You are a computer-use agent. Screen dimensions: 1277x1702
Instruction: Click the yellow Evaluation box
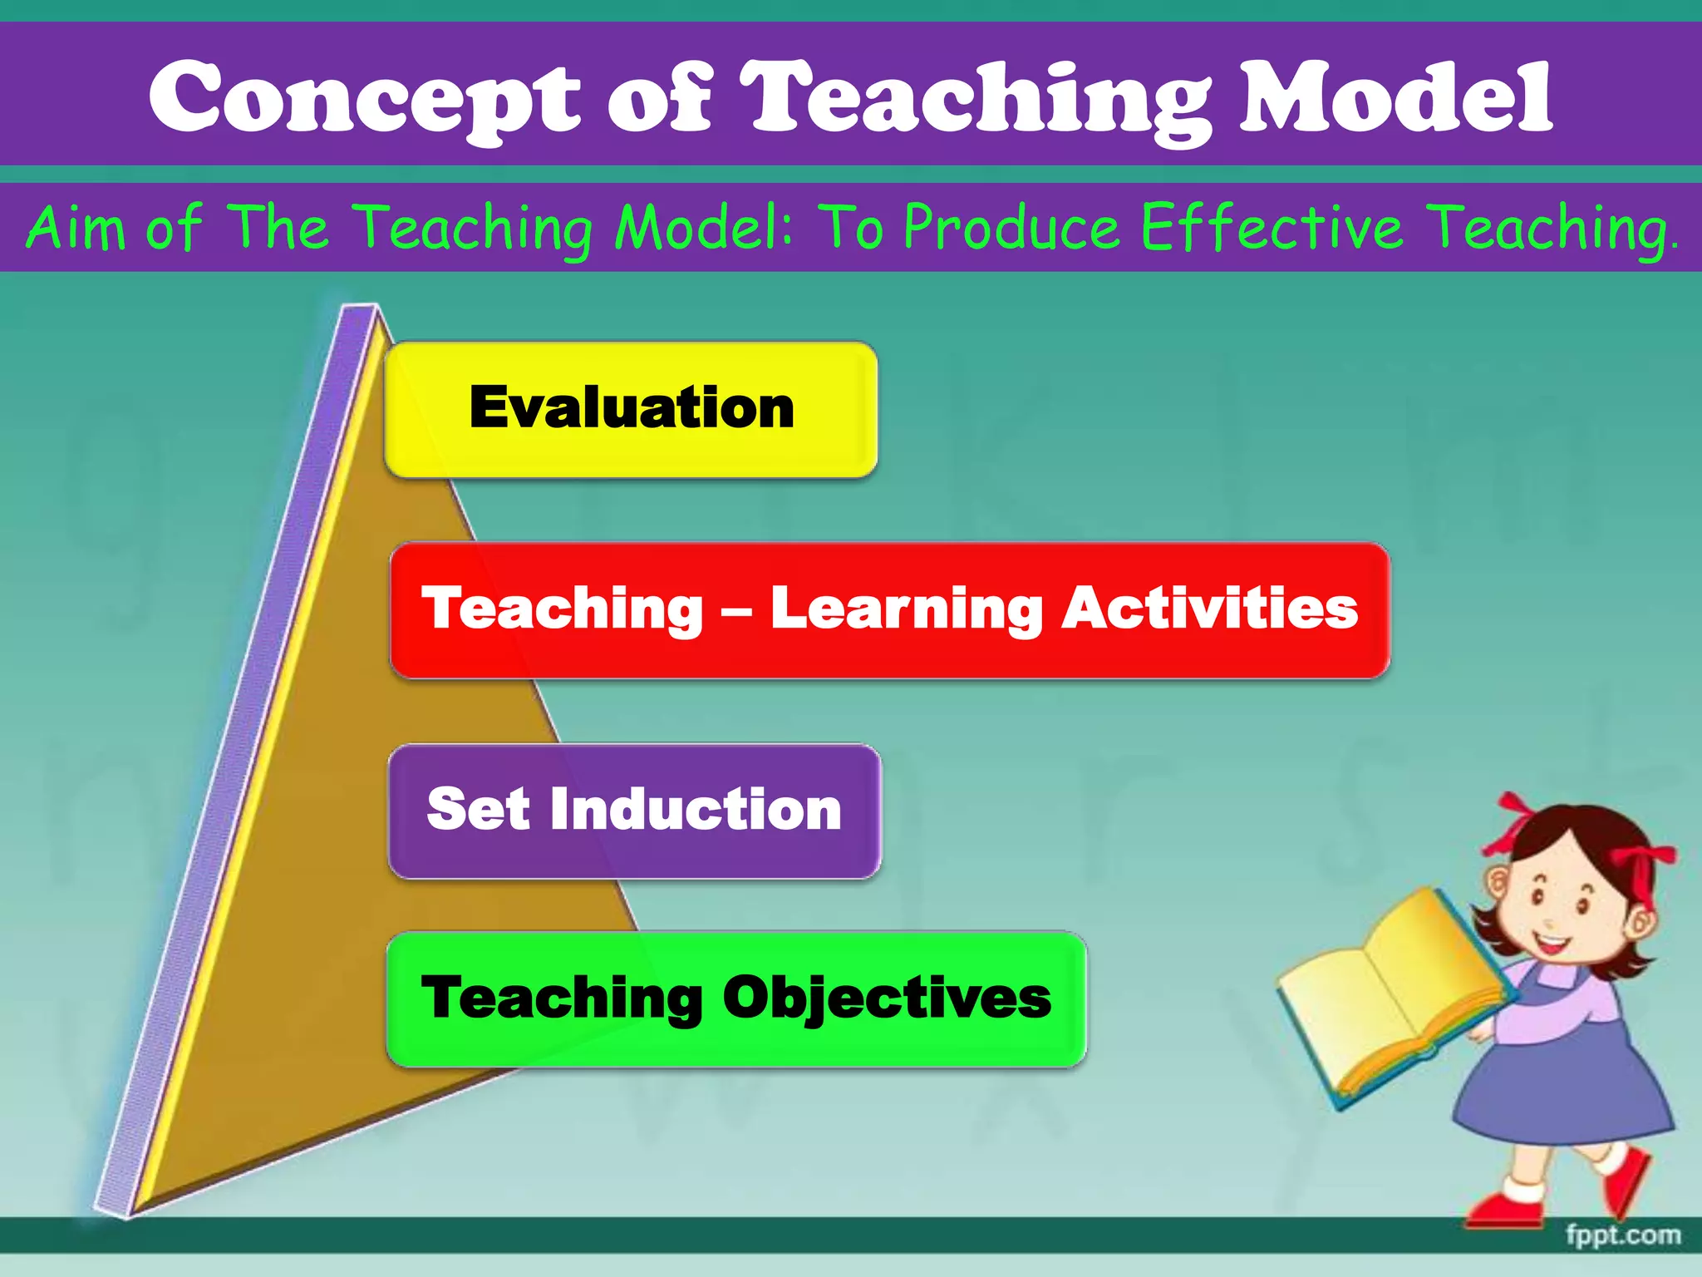[x=631, y=409]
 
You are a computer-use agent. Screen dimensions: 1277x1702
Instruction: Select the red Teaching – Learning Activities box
[x=889, y=610]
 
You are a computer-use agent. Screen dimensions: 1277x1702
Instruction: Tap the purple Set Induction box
[x=634, y=811]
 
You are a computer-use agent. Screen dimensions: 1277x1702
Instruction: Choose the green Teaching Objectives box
[x=736, y=998]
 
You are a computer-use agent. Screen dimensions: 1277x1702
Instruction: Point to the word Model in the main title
[x=1395, y=98]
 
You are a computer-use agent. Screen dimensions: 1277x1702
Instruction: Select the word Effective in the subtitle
[x=1272, y=226]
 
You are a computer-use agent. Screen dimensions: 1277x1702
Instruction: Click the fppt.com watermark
[x=1622, y=1235]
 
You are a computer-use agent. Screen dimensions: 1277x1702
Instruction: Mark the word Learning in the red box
[x=906, y=610]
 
